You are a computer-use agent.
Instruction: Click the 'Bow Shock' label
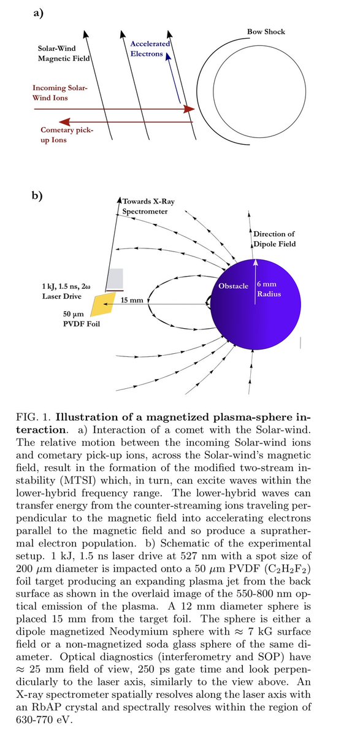click(x=266, y=31)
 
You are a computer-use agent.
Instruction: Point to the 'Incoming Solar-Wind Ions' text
click(x=61, y=93)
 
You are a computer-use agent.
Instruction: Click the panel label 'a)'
click(x=37, y=12)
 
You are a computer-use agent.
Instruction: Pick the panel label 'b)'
click(x=37, y=196)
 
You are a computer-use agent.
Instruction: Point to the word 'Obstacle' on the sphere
click(x=233, y=286)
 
